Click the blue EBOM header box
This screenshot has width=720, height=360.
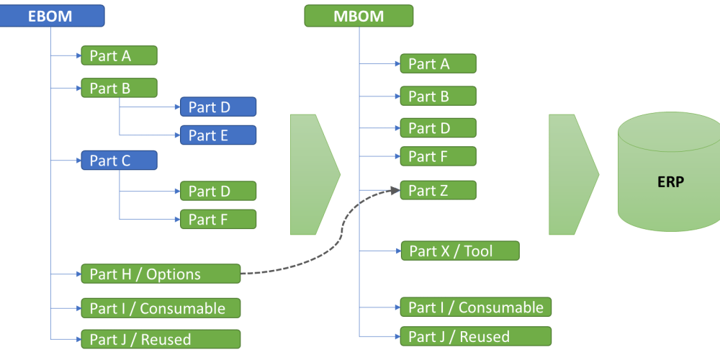coord(52,16)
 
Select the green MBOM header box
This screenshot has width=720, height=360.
coord(359,16)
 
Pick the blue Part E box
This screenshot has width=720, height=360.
coord(217,135)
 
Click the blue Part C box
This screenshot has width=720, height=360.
coord(119,161)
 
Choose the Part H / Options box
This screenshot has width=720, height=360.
coord(160,274)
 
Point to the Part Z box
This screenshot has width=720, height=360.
coord(438,190)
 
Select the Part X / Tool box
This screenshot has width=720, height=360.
coord(459,251)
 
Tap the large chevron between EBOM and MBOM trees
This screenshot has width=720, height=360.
coord(313,174)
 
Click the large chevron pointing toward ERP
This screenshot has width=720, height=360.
coord(572,174)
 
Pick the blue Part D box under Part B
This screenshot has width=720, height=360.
coord(217,107)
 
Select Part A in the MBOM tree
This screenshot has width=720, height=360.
coord(438,63)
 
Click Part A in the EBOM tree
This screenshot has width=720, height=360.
coord(119,55)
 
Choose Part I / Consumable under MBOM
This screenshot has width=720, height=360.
coord(475,307)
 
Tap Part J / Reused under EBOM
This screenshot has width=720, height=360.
coord(160,339)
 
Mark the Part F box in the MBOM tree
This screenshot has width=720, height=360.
coord(438,156)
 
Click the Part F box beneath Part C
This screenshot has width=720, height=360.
coord(217,220)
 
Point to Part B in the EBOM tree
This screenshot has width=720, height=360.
coord(119,89)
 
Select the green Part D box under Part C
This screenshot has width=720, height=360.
coord(217,191)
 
